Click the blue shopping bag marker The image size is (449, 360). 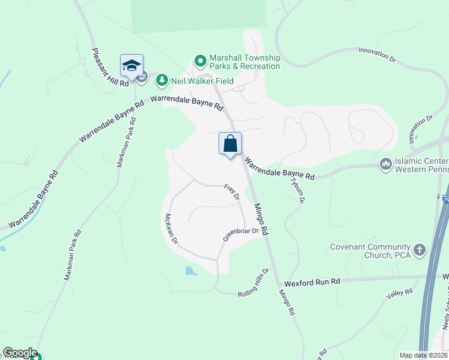231,144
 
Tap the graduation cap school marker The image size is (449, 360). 131,65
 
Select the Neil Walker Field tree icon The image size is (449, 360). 161,80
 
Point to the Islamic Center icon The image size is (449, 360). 385,163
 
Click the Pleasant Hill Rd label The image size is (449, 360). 110,67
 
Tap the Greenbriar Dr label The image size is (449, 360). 240,234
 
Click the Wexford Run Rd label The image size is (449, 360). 312,281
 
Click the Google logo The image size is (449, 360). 20,353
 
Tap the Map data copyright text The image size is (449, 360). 423,355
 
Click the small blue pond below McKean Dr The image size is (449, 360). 191,271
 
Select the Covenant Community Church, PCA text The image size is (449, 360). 369,251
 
